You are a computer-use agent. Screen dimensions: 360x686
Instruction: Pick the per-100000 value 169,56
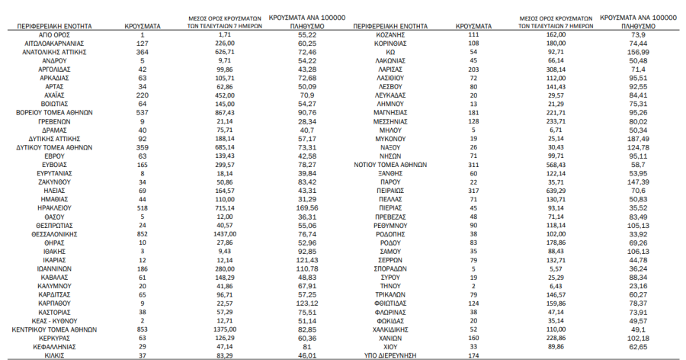(x=307, y=206)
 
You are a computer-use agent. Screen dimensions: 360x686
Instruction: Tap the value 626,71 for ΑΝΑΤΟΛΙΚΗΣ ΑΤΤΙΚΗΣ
(x=218, y=52)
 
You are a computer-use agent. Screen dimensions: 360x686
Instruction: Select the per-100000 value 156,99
(x=638, y=52)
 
